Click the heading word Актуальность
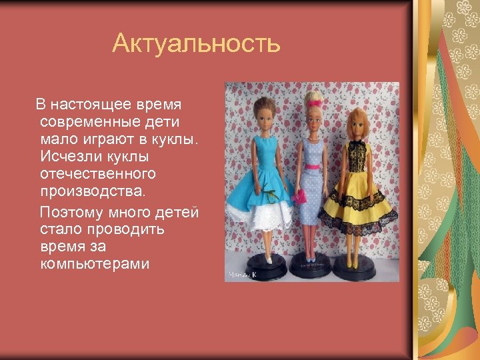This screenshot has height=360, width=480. coord(197,44)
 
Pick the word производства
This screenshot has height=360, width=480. coord(92,191)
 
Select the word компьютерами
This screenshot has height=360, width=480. coord(95,264)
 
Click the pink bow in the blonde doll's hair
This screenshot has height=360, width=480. coord(313,101)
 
